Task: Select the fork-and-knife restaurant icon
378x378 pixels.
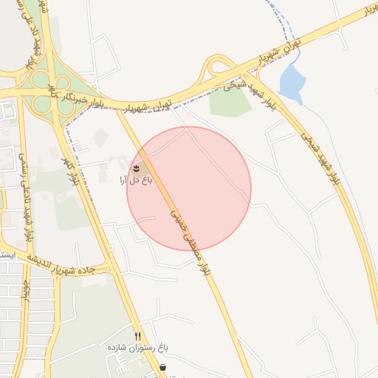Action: point(137,336)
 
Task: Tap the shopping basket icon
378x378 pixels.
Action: point(162,367)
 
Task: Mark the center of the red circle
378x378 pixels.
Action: point(189,188)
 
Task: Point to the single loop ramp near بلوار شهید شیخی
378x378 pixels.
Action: point(220,69)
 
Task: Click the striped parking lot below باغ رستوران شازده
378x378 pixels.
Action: point(118,362)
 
